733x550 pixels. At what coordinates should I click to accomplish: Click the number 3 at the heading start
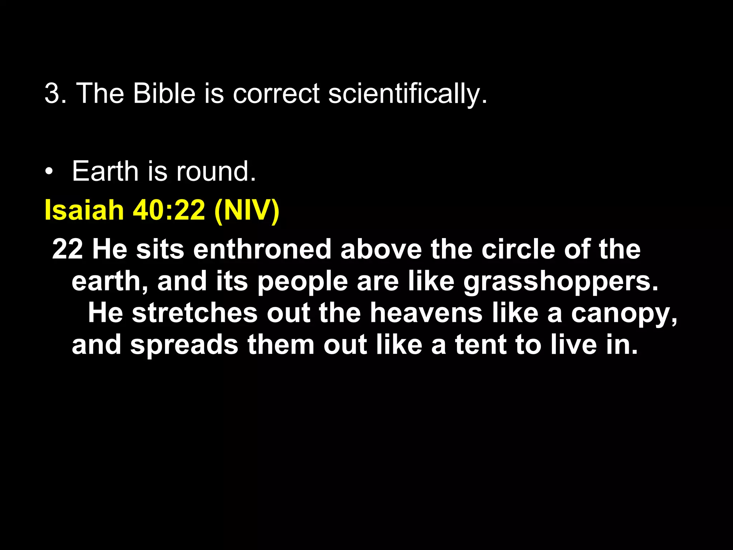[x=52, y=93]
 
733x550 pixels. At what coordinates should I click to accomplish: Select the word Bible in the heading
[x=164, y=93]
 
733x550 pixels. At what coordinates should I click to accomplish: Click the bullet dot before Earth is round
[x=49, y=172]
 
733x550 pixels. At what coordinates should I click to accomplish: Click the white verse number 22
[x=68, y=249]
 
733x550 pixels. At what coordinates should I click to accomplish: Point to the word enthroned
[x=262, y=249]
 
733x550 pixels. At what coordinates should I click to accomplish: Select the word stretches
[x=195, y=313]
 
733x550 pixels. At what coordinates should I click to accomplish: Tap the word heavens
[x=426, y=313]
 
